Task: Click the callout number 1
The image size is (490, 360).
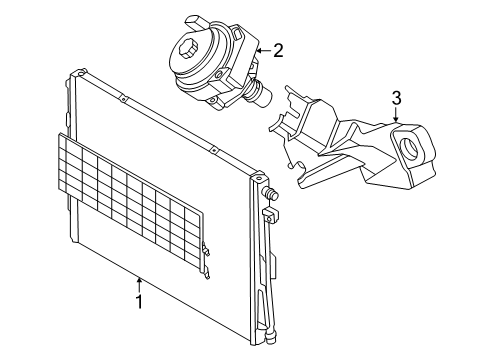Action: point(139,302)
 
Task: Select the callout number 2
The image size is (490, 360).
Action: point(278,51)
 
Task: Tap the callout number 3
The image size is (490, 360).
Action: point(396,98)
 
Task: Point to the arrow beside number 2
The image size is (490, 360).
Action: point(264,51)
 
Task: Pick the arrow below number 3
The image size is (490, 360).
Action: point(396,114)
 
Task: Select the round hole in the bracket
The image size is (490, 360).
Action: point(410,147)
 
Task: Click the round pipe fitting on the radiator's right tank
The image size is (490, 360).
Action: point(271,193)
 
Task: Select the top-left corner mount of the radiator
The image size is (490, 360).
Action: point(80,73)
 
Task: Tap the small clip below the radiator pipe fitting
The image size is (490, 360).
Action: point(271,216)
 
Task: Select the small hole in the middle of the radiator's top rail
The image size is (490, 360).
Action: point(123,99)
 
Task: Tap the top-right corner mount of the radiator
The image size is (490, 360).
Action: point(259,176)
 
